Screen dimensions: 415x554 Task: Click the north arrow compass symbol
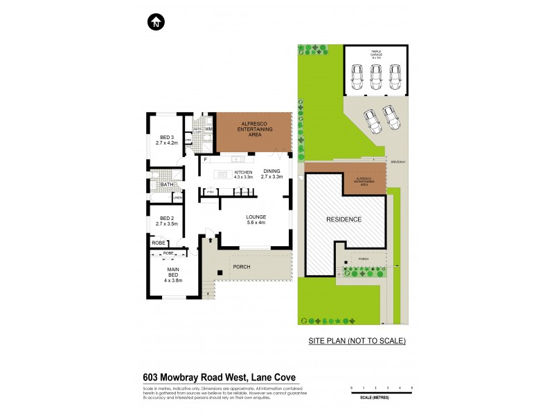[156, 22]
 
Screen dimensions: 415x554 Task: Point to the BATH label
[167, 185]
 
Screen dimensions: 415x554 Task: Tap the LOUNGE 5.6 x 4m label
[257, 220]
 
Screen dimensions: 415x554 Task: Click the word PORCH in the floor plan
[241, 267]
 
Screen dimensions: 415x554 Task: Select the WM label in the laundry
[208, 128]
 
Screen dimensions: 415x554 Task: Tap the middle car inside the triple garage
[376, 76]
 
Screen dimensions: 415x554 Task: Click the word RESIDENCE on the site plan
[344, 219]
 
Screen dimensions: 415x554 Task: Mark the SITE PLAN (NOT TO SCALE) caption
[357, 341]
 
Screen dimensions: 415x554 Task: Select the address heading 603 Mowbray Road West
[220, 377]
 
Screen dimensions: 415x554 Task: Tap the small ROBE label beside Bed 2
[158, 243]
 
